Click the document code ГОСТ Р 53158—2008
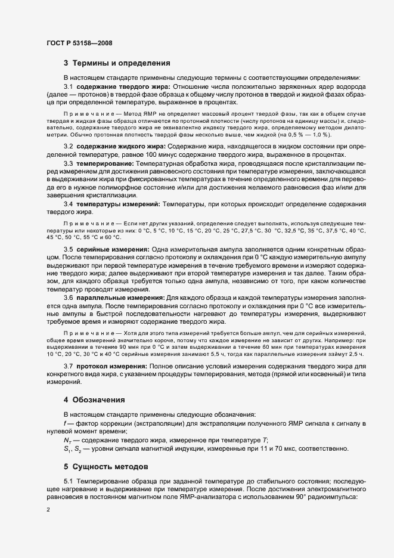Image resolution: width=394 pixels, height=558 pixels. click(x=79, y=43)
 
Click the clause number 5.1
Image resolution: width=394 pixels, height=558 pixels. click(x=69, y=480)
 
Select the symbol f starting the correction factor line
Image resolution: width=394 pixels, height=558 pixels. click(x=64, y=423)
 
